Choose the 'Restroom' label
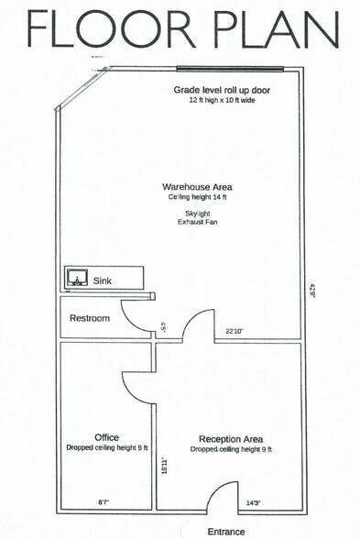(x=90, y=318)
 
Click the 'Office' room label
(x=106, y=437)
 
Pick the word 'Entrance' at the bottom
(x=225, y=530)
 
